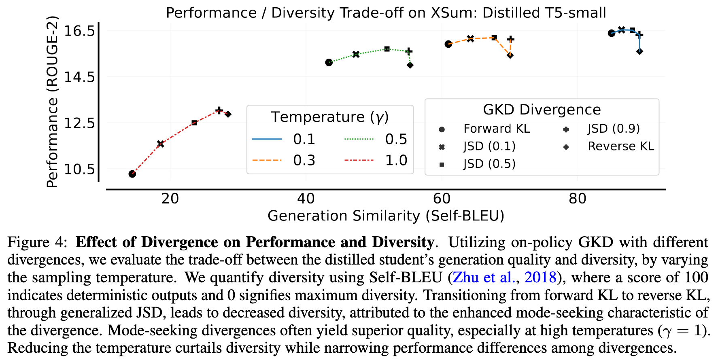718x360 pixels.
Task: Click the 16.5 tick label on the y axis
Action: point(79,31)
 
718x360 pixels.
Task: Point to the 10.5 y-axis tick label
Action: point(79,169)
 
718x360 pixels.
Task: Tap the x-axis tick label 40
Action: point(306,199)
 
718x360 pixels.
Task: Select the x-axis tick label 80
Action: point(577,199)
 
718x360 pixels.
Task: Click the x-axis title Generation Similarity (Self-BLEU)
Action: point(386,216)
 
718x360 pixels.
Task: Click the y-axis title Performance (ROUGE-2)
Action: point(53,102)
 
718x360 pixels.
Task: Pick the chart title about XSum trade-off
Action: point(386,13)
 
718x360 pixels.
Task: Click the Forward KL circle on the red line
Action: point(132,174)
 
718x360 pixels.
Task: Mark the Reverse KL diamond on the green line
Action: point(410,65)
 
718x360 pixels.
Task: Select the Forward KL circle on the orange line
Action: point(448,44)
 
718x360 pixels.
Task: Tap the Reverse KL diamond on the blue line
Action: point(639,51)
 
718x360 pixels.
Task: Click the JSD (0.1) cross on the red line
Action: point(160,144)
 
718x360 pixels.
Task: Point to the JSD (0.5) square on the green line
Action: point(387,49)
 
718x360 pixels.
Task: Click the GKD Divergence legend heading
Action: point(542,110)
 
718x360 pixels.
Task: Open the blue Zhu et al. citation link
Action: point(483,277)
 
